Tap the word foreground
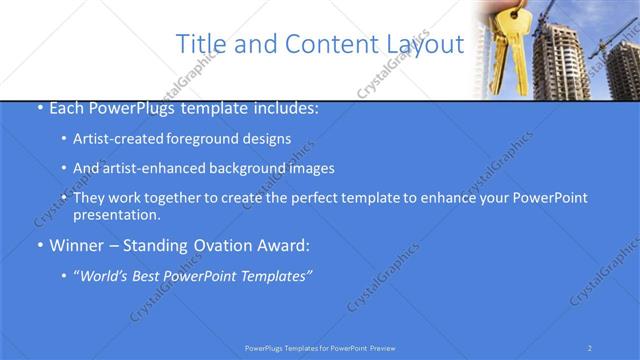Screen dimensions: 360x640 coord(211,139)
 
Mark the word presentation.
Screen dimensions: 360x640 coord(116,215)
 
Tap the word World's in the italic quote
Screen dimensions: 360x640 coord(105,276)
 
